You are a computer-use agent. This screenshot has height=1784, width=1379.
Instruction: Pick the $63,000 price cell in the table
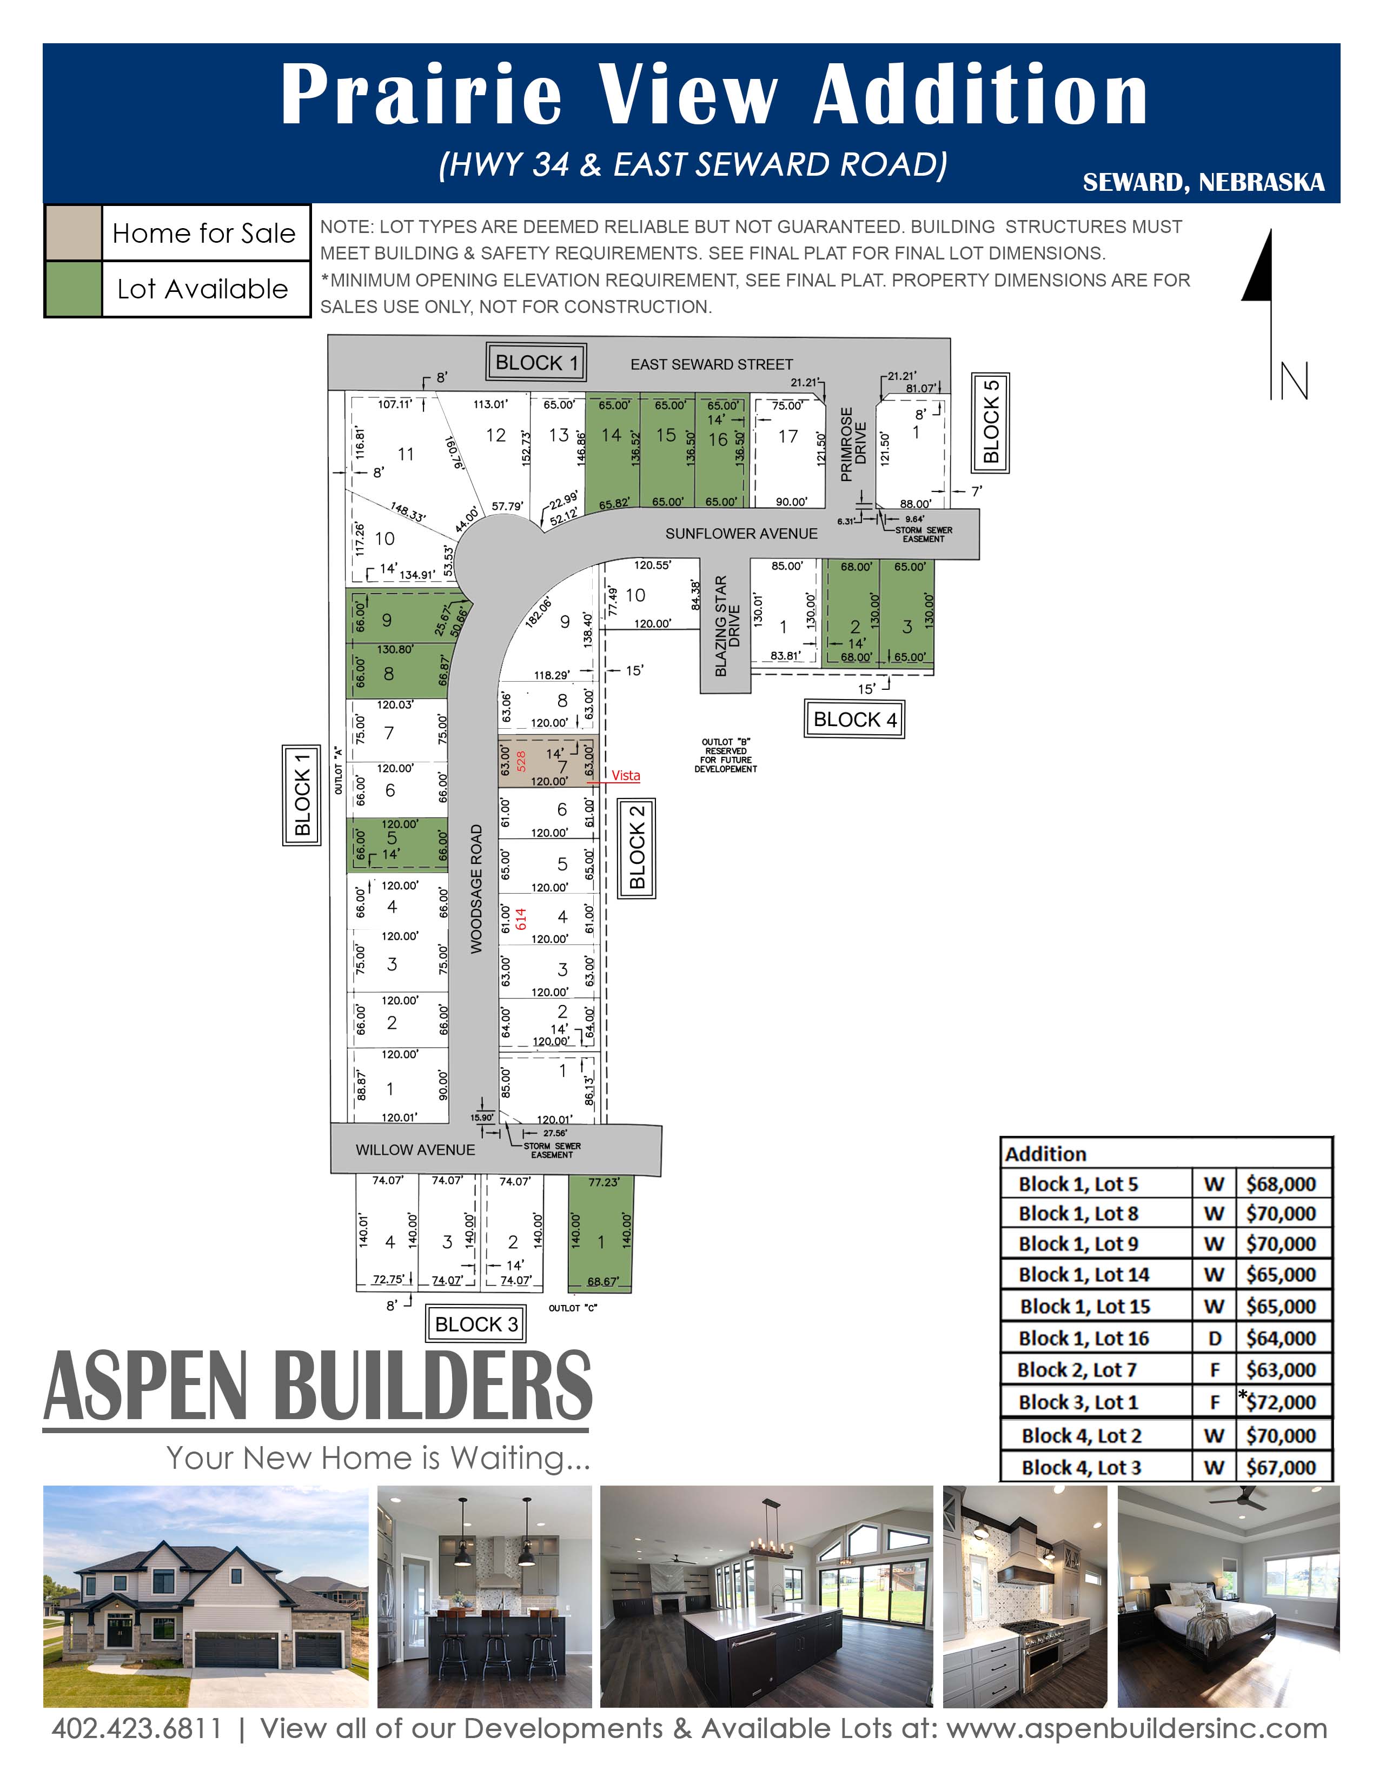point(1280,1370)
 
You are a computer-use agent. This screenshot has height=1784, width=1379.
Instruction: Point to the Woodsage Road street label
point(476,889)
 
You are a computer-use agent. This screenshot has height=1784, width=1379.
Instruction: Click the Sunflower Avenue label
point(741,534)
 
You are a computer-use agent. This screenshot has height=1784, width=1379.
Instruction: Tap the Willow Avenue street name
point(415,1150)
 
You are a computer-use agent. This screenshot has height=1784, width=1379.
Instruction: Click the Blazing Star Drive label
point(727,625)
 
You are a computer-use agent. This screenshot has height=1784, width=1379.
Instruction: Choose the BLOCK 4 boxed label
point(854,720)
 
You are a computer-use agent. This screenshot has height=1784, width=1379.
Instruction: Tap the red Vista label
point(626,775)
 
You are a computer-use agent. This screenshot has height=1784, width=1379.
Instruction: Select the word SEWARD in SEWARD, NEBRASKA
point(1133,182)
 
